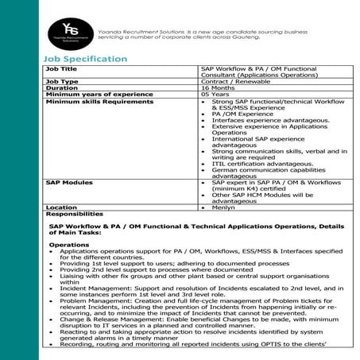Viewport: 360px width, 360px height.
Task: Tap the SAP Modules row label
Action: [69, 182]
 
